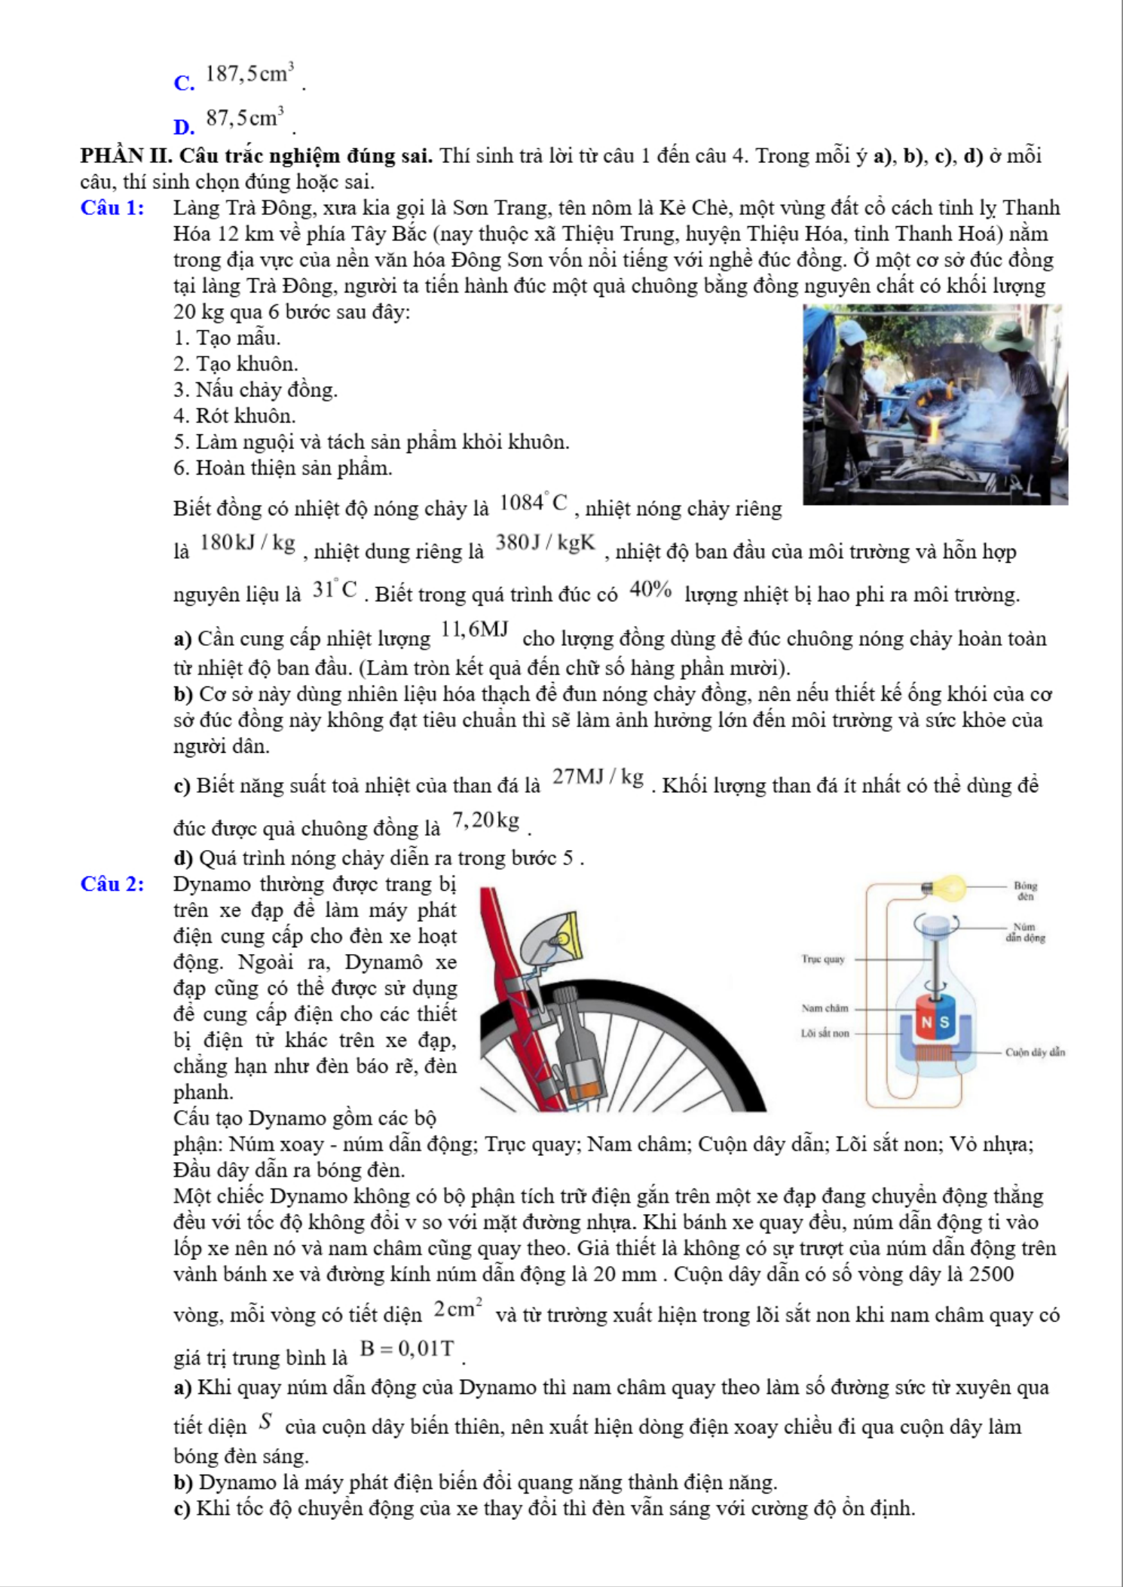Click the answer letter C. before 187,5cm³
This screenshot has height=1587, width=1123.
(x=184, y=83)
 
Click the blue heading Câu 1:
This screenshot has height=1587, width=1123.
(x=112, y=208)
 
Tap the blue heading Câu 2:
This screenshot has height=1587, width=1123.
(x=112, y=884)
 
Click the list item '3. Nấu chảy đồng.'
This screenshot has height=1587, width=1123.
(x=255, y=390)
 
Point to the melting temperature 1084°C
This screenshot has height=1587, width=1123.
(x=533, y=503)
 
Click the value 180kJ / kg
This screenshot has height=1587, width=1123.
(x=247, y=543)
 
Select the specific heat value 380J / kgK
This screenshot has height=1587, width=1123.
(x=545, y=543)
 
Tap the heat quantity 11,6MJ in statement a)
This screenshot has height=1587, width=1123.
(x=476, y=629)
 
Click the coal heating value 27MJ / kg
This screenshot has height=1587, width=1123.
(x=598, y=777)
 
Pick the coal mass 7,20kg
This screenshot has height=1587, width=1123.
(x=486, y=820)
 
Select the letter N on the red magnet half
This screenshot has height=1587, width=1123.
(x=927, y=1023)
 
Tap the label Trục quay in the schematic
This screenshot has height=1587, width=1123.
(x=823, y=959)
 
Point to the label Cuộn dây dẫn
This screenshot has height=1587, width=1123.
(x=1035, y=1052)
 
